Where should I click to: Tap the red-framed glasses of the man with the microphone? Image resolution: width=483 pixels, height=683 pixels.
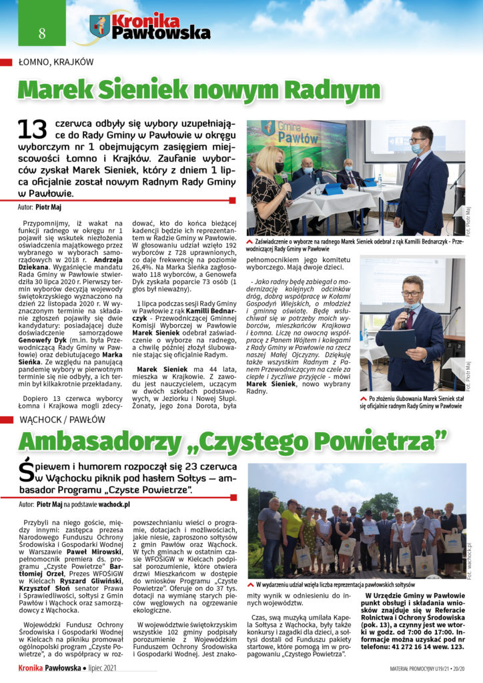pyautogui.click(x=412, y=293)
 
